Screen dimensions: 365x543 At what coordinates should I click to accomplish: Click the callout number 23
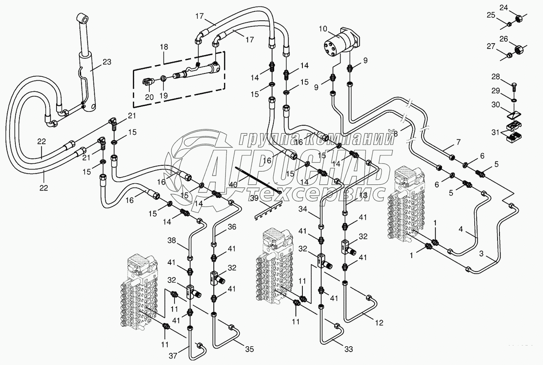pyautogui.click(x=107, y=62)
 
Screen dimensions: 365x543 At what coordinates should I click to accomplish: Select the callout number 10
pyautogui.click(x=323, y=29)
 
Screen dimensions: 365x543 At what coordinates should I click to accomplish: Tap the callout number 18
pyautogui.click(x=164, y=47)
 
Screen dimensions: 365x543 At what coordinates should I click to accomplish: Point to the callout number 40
pyautogui.click(x=233, y=184)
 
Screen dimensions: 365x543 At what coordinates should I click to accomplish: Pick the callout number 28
pyautogui.click(x=495, y=77)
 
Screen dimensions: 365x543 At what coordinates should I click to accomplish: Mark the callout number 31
pyautogui.click(x=495, y=133)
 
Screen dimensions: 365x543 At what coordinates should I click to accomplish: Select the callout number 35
pyautogui.click(x=249, y=349)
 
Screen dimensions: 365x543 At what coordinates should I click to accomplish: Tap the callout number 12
pyautogui.click(x=378, y=323)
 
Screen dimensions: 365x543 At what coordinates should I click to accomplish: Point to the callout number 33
pyautogui.click(x=348, y=349)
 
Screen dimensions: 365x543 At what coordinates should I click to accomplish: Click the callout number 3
pyautogui.click(x=482, y=254)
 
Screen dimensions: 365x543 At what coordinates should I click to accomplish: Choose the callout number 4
pyautogui.click(x=461, y=229)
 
